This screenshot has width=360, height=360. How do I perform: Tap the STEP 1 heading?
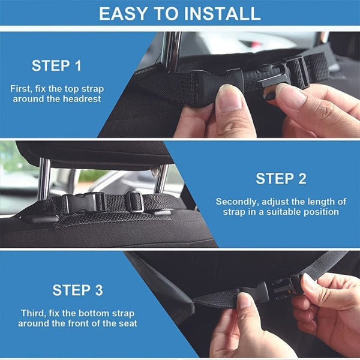point(56,65)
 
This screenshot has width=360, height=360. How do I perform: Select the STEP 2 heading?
point(281,178)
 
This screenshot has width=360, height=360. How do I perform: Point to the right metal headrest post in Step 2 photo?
point(161,178)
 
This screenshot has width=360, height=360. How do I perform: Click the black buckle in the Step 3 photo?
point(279,288)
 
